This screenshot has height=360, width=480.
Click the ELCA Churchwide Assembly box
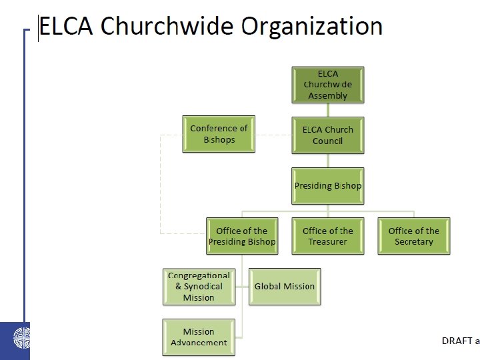327,84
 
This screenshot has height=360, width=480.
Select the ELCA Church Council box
327,135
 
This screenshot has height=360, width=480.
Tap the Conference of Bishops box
219,134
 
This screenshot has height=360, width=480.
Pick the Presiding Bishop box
327,185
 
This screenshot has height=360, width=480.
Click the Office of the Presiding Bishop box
241,236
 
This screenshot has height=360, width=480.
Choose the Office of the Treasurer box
327,236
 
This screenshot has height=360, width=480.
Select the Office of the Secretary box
413,236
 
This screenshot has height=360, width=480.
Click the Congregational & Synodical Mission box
199,286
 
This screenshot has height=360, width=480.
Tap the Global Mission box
285,286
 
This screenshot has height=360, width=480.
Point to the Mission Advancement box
199,337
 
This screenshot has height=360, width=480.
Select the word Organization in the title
311,27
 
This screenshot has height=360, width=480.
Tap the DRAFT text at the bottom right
457,341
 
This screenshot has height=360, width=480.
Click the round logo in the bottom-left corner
14,340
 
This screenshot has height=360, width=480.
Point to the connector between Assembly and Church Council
327,110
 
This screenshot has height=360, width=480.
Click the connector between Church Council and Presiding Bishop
327,160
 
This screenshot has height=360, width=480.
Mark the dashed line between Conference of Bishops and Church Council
273,135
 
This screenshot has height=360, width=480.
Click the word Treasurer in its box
327,242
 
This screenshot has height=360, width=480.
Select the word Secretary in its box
413,242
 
